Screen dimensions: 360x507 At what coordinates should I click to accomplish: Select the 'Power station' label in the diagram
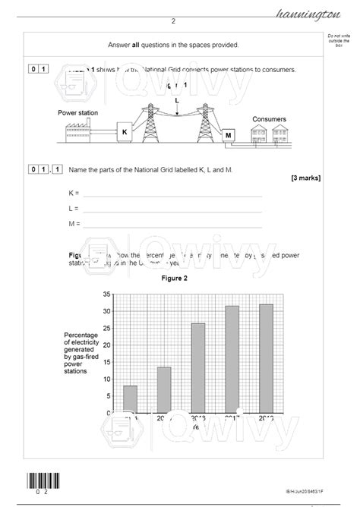click(x=77, y=112)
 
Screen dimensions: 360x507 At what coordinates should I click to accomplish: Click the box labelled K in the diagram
click(x=125, y=132)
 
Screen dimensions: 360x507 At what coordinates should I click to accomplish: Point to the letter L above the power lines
click(x=177, y=100)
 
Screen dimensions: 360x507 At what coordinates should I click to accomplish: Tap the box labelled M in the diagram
click(x=229, y=136)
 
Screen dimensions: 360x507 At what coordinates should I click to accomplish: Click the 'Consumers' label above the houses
click(x=269, y=119)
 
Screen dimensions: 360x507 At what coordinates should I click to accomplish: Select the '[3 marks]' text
click(x=305, y=178)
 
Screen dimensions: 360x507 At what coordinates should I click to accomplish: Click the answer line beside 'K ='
click(x=172, y=196)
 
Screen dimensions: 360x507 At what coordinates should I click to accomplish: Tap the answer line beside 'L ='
click(x=172, y=210)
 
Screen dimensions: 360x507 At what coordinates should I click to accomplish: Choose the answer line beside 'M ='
click(x=172, y=225)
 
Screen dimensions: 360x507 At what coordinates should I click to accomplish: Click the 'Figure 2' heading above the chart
click(x=174, y=278)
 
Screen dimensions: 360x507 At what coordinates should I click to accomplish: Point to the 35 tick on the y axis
click(x=107, y=294)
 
